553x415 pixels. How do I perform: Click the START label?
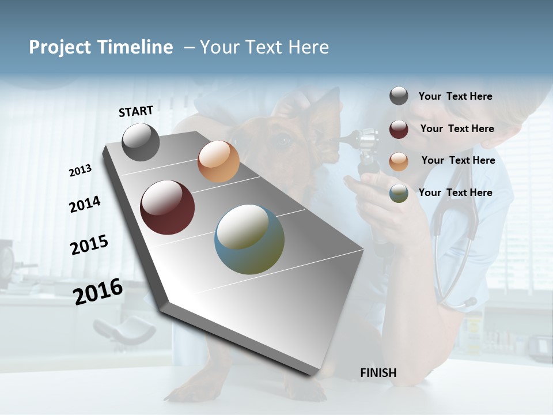click(x=136, y=111)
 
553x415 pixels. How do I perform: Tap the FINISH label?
click(x=378, y=373)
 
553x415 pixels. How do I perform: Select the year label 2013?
click(x=81, y=171)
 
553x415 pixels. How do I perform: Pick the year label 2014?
click(x=85, y=205)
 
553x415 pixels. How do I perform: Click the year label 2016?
click(x=98, y=292)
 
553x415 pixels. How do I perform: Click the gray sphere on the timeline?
click(x=141, y=142)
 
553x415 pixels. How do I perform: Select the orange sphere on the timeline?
click(x=218, y=161)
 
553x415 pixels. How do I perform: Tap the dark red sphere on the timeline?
click(x=168, y=207)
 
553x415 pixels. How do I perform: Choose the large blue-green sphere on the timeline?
click(x=249, y=239)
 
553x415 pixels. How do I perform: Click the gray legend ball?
click(x=399, y=96)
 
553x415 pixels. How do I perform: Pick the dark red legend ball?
click(x=399, y=129)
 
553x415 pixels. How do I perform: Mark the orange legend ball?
click(x=399, y=161)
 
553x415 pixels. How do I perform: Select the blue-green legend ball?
click(x=399, y=193)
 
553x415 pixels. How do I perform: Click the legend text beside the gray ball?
click(x=455, y=96)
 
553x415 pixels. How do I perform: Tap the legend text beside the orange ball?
click(x=458, y=160)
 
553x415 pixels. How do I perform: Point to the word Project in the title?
click(x=60, y=47)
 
